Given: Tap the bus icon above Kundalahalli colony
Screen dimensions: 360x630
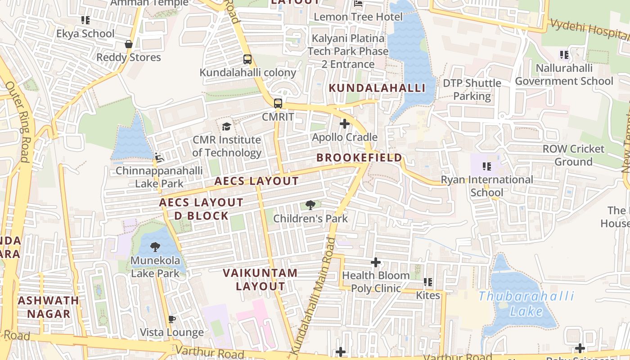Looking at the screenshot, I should [x=247, y=59].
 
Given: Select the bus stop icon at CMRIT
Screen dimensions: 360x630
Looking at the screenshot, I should [x=278, y=103].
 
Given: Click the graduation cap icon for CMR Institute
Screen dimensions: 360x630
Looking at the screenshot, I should [x=226, y=126].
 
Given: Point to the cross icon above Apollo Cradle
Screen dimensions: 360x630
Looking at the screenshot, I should [x=345, y=124].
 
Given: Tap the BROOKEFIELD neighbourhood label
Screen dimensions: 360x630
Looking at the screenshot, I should [x=359, y=157].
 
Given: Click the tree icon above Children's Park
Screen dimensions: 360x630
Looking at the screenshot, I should [x=310, y=206].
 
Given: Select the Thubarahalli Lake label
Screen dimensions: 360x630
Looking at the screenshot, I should [x=526, y=303].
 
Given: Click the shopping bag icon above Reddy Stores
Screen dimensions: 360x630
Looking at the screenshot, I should [x=129, y=44].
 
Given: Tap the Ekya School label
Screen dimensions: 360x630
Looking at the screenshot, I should [x=85, y=34].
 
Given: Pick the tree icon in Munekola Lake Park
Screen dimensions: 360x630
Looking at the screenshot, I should [x=155, y=247].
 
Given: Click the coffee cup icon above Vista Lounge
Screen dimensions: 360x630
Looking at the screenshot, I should [x=171, y=319].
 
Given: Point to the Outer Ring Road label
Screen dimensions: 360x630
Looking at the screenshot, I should [x=18, y=121].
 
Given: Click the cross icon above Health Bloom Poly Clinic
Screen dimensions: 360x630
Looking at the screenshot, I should [x=376, y=262].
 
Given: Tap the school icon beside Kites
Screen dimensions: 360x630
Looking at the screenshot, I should [x=428, y=282].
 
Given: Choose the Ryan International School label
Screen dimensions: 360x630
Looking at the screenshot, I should [x=487, y=186].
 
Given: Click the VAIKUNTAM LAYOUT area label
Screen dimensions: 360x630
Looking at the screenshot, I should [x=260, y=279].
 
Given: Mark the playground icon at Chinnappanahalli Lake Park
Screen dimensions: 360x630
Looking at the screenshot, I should [x=159, y=157].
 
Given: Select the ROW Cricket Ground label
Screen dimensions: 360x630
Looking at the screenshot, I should [x=573, y=155].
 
